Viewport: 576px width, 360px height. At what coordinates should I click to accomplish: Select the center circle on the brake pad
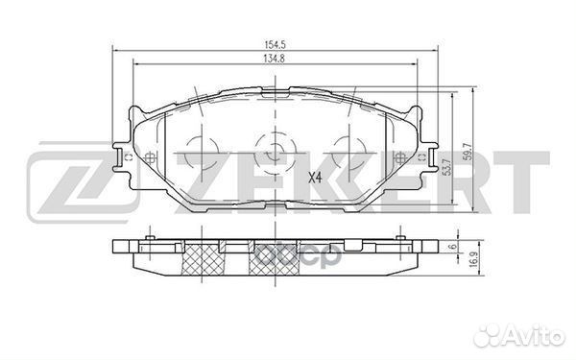click(274, 151)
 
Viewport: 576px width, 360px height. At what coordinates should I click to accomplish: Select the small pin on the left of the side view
click(150, 233)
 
